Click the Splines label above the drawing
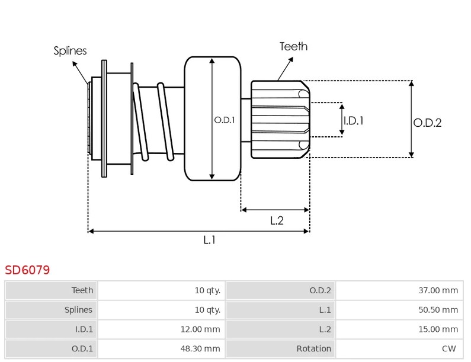pyautogui.click(x=70, y=50)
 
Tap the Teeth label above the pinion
pyautogui.click(x=293, y=47)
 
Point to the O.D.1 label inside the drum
pyautogui.click(x=225, y=120)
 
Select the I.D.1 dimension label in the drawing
pyautogui.click(x=354, y=121)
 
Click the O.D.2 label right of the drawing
pyautogui.click(x=427, y=123)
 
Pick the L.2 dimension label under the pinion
pyautogui.click(x=277, y=220)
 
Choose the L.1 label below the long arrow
pyautogui.click(x=209, y=240)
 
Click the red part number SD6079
pyautogui.click(x=27, y=270)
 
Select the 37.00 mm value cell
pyautogui.click(x=399, y=290)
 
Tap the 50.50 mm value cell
pyautogui.click(x=399, y=310)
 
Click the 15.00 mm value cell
pyautogui.click(x=399, y=329)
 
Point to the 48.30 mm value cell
pyautogui.click(x=161, y=348)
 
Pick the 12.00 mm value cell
pyautogui.click(x=161, y=329)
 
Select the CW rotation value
pyautogui.click(x=448, y=348)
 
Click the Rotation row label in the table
pyautogui.click(x=313, y=348)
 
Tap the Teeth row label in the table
pyautogui.click(x=82, y=290)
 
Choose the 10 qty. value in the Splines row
pyautogui.click(x=207, y=310)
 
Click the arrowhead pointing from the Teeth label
pyautogui.click(x=291, y=59)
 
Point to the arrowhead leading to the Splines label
pyautogui.click(x=75, y=63)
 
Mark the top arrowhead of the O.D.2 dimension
pyautogui.click(x=412, y=83)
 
